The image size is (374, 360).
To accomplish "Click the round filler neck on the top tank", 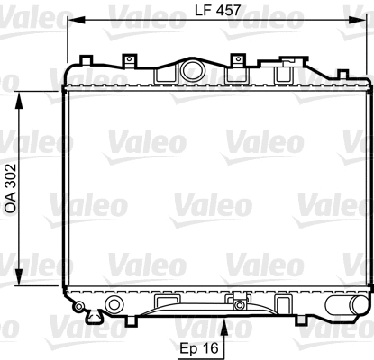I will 191,70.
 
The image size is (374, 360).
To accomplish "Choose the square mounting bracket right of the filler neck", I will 239,61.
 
